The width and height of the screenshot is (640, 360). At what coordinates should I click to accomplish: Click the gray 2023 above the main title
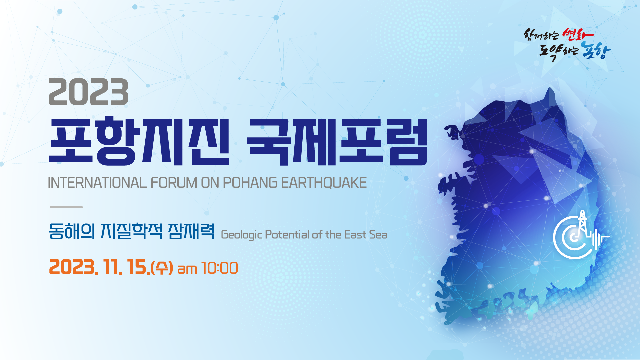coord(89,92)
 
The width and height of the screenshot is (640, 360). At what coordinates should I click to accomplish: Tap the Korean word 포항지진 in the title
coord(139,141)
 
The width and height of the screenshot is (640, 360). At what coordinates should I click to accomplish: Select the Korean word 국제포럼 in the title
coord(337,141)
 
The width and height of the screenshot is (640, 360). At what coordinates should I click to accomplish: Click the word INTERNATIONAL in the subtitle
coord(97,183)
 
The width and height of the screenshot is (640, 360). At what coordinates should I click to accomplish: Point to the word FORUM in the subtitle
coord(174,183)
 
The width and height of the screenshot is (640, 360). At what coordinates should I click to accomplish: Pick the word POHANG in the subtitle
coord(250,183)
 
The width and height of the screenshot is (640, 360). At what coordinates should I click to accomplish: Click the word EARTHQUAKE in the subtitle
coord(324,183)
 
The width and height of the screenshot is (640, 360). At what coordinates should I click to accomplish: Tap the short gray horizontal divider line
coord(66,207)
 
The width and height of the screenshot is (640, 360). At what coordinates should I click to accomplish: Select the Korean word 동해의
coord(72,231)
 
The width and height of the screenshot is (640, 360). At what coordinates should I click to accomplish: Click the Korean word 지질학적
coord(132,231)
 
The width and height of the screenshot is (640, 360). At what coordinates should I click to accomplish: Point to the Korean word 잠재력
coord(191,231)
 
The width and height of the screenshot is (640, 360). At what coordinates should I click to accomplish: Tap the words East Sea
coord(366,235)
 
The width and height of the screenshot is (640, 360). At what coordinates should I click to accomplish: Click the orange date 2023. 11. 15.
coord(99,267)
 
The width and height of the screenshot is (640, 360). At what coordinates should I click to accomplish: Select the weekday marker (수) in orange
coord(162,268)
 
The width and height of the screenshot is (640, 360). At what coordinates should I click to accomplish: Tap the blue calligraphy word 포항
coord(596,51)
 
